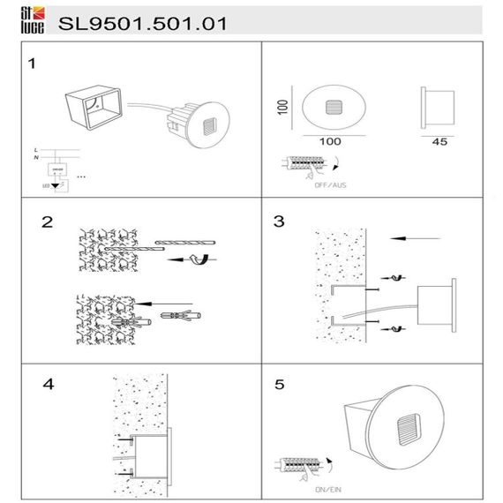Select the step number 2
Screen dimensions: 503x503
(46, 221)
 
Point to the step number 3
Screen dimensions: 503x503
(279, 221)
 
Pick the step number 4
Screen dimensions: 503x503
(49, 385)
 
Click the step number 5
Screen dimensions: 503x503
(280, 385)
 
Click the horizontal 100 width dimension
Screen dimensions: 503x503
(331, 140)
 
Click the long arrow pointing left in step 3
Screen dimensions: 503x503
(415, 236)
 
